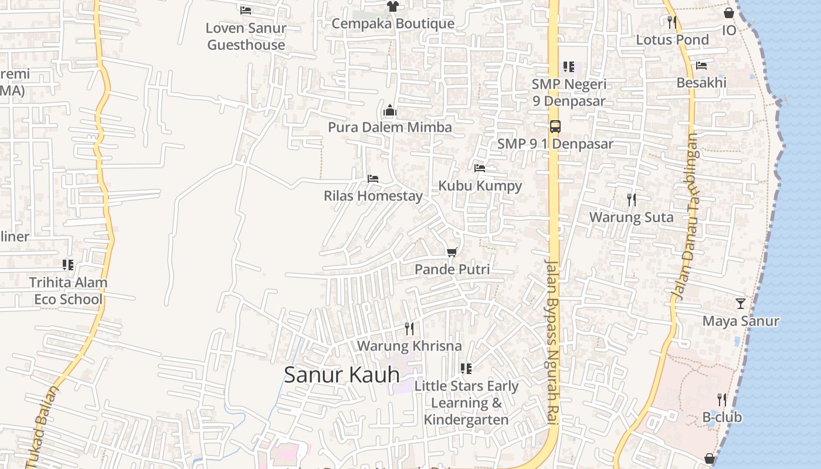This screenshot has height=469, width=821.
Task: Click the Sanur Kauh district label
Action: (341, 375)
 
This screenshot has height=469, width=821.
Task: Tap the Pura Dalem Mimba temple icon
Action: (390, 111)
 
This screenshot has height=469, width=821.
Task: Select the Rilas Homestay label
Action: (373, 196)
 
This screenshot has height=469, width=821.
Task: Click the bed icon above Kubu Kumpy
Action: (480, 168)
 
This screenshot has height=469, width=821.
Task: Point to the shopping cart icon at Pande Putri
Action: (452, 253)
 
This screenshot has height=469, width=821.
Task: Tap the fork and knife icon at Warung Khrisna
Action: (409, 329)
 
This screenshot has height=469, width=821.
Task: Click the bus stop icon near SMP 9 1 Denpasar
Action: (555, 126)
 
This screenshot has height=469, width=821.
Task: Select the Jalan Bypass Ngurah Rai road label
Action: (552, 343)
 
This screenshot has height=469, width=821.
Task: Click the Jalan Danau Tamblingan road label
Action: (686, 217)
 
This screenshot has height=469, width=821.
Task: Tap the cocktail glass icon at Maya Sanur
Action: (741, 304)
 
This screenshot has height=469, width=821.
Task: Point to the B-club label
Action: (722, 417)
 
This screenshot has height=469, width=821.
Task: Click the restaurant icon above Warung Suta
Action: (631, 200)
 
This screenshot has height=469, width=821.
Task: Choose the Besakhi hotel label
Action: (701, 83)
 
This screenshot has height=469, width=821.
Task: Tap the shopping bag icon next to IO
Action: (729, 13)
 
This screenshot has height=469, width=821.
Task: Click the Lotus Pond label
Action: (672, 40)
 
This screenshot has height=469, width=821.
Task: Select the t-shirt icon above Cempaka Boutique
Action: (392, 6)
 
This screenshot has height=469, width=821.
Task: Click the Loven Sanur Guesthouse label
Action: (246, 36)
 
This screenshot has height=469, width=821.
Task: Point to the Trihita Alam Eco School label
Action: (68, 291)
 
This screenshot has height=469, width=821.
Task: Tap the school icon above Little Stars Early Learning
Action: (466, 369)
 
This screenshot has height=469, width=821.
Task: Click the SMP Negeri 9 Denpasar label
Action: (569, 93)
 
